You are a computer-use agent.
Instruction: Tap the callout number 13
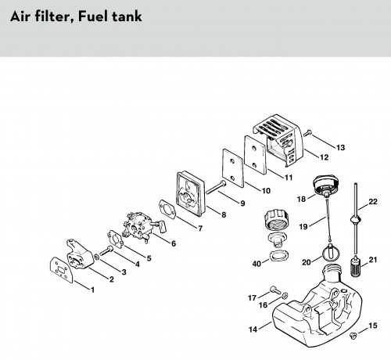pyautogui.click(x=340, y=148)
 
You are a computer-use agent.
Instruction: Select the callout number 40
pyautogui.click(x=256, y=264)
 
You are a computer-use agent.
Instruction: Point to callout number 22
pyautogui.click(x=373, y=202)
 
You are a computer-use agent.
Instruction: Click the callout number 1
pyautogui.click(x=92, y=290)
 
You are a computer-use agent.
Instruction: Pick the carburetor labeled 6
pyautogui.click(x=142, y=225)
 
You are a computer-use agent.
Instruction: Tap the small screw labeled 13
pyautogui.click(x=307, y=133)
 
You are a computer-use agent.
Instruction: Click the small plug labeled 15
pyautogui.click(x=353, y=335)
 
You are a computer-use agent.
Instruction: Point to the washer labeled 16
pyautogui.click(x=285, y=296)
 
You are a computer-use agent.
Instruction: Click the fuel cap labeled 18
pyautogui.click(x=325, y=185)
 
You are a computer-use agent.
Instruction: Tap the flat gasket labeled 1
pyautogui.click(x=61, y=270)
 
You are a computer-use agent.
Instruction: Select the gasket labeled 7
pyautogui.click(x=167, y=210)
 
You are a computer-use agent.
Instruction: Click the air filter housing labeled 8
pyautogui.click(x=191, y=193)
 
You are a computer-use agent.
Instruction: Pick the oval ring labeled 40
pyautogui.click(x=279, y=256)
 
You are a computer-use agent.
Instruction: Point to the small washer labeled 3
pyautogui.click(x=96, y=257)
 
